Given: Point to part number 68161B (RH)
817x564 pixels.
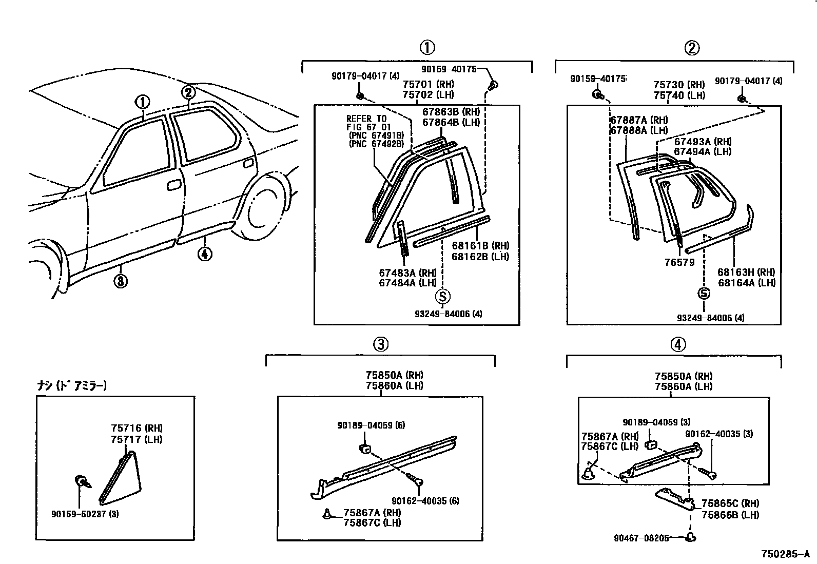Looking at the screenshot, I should (x=480, y=246).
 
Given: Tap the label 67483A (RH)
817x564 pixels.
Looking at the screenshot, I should (x=407, y=273).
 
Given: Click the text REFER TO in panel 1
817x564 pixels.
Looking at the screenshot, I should (x=366, y=119).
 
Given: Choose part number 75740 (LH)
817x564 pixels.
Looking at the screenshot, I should (x=679, y=95).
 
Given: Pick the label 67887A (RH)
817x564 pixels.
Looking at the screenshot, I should (x=639, y=120).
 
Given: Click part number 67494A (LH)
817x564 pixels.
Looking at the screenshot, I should (x=703, y=151).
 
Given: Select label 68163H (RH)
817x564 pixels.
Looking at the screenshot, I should (x=746, y=272).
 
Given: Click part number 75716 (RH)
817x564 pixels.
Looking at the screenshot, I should (x=137, y=428).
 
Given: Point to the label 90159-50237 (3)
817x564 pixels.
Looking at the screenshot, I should (x=85, y=513).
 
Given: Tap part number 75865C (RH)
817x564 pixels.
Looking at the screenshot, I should (x=730, y=503).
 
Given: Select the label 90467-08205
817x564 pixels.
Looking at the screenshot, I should (x=641, y=538).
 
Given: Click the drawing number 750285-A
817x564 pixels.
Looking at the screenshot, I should (x=785, y=554).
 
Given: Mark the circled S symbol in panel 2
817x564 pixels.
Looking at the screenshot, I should (x=704, y=294).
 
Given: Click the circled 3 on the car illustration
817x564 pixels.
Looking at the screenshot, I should (x=121, y=281).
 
